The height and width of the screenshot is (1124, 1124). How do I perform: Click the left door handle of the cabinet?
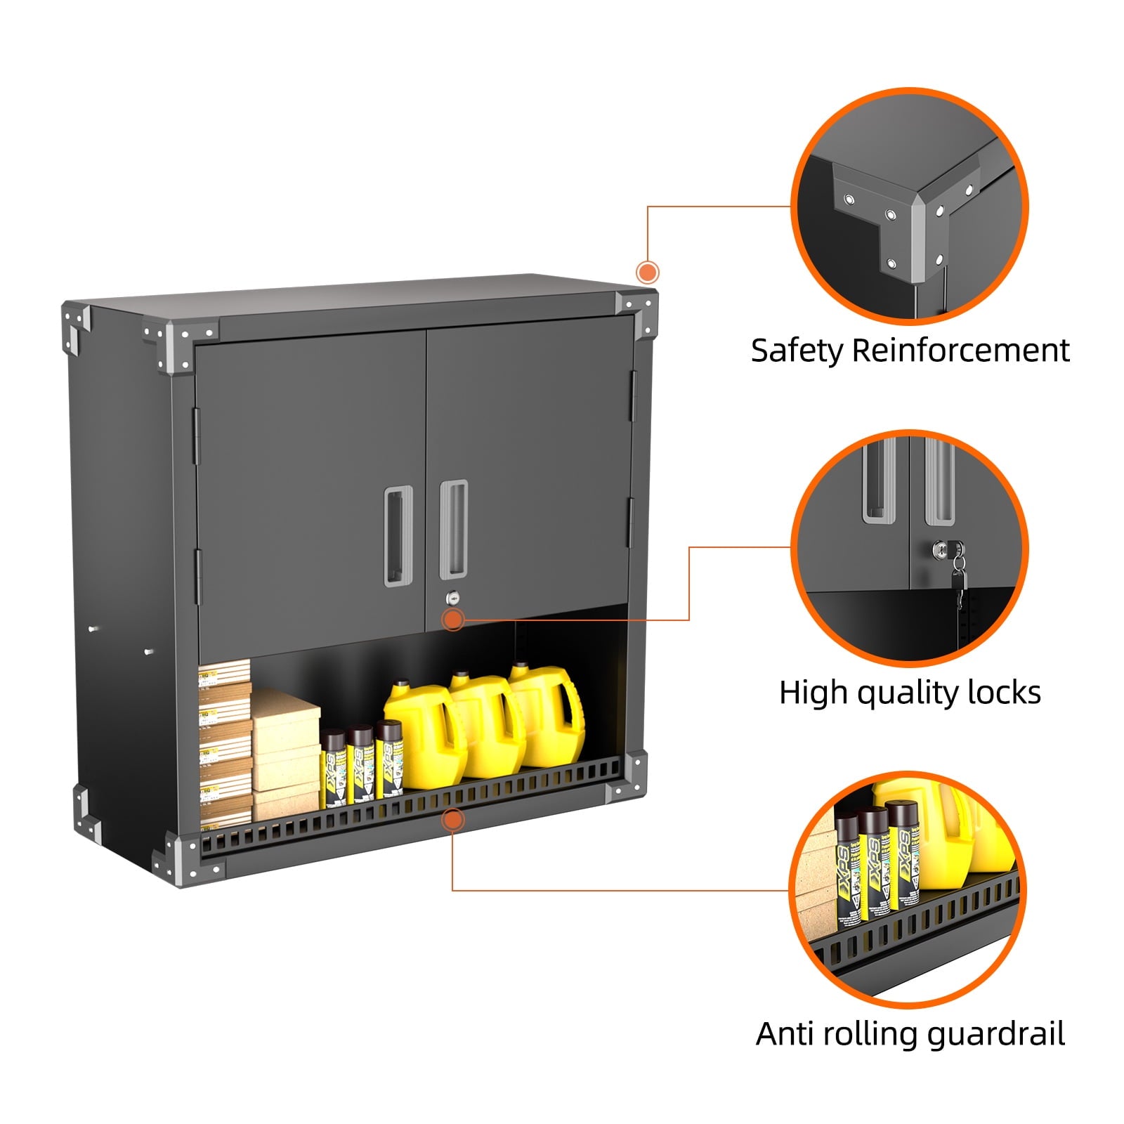[395, 535]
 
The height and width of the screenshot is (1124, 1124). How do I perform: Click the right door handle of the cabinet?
[453, 530]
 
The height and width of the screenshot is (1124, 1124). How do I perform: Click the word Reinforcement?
[960, 351]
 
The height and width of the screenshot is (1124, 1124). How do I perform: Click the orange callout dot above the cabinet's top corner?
[647, 272]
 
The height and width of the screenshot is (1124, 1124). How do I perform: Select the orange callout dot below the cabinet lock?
[453, 619]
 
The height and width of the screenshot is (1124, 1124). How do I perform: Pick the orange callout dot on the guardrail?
[453, 819]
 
